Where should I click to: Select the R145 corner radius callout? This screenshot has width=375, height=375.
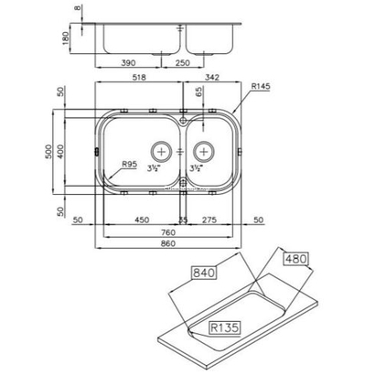[260, 87]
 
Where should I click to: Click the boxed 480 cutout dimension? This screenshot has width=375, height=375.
[295, 259]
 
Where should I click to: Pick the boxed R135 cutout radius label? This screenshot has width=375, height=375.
[222, 326]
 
